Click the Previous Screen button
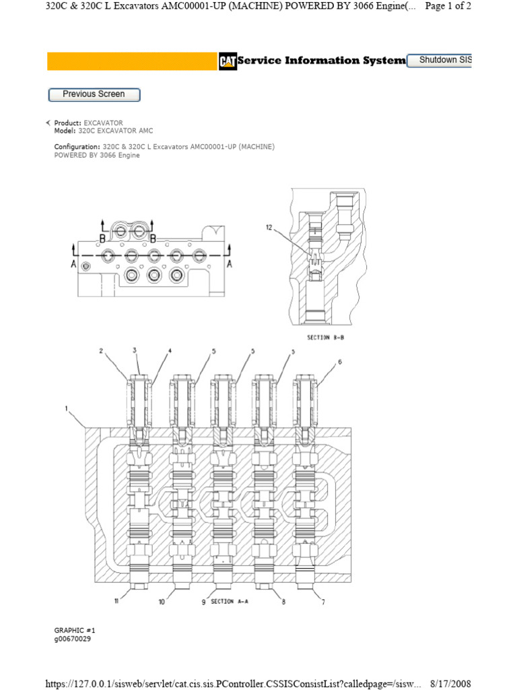pos(94,95)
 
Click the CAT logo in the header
pos(228,61)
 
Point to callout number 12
pos(269,228)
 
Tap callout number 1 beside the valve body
pos(67,407)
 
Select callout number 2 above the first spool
pos(101,351)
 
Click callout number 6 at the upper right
pos(340,362)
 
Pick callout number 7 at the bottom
pos(323,602)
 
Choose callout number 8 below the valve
pos(283,602)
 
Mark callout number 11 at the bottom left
pos(116,602)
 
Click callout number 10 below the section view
pos(162,602)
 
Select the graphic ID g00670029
pos(73,639)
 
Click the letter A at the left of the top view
pos(73,265)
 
